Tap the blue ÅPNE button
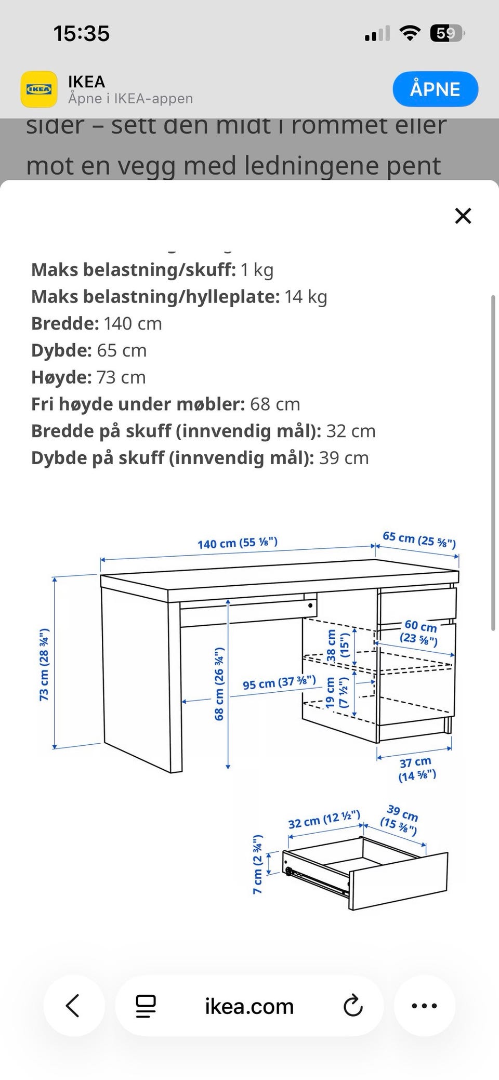435,89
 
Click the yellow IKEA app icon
39,89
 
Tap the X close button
463,216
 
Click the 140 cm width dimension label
238,543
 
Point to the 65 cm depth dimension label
419,539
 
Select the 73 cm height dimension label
44,664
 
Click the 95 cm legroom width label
279,682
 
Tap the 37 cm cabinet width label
416,769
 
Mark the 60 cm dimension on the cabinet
420,631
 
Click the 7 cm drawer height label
258,864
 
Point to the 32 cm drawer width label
324,820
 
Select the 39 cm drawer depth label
400,819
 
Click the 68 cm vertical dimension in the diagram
219,684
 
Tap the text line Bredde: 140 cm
97,324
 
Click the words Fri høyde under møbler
138,404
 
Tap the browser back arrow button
73,1006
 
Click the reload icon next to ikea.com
353,1006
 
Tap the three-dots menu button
424,1006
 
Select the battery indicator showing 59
446,34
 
